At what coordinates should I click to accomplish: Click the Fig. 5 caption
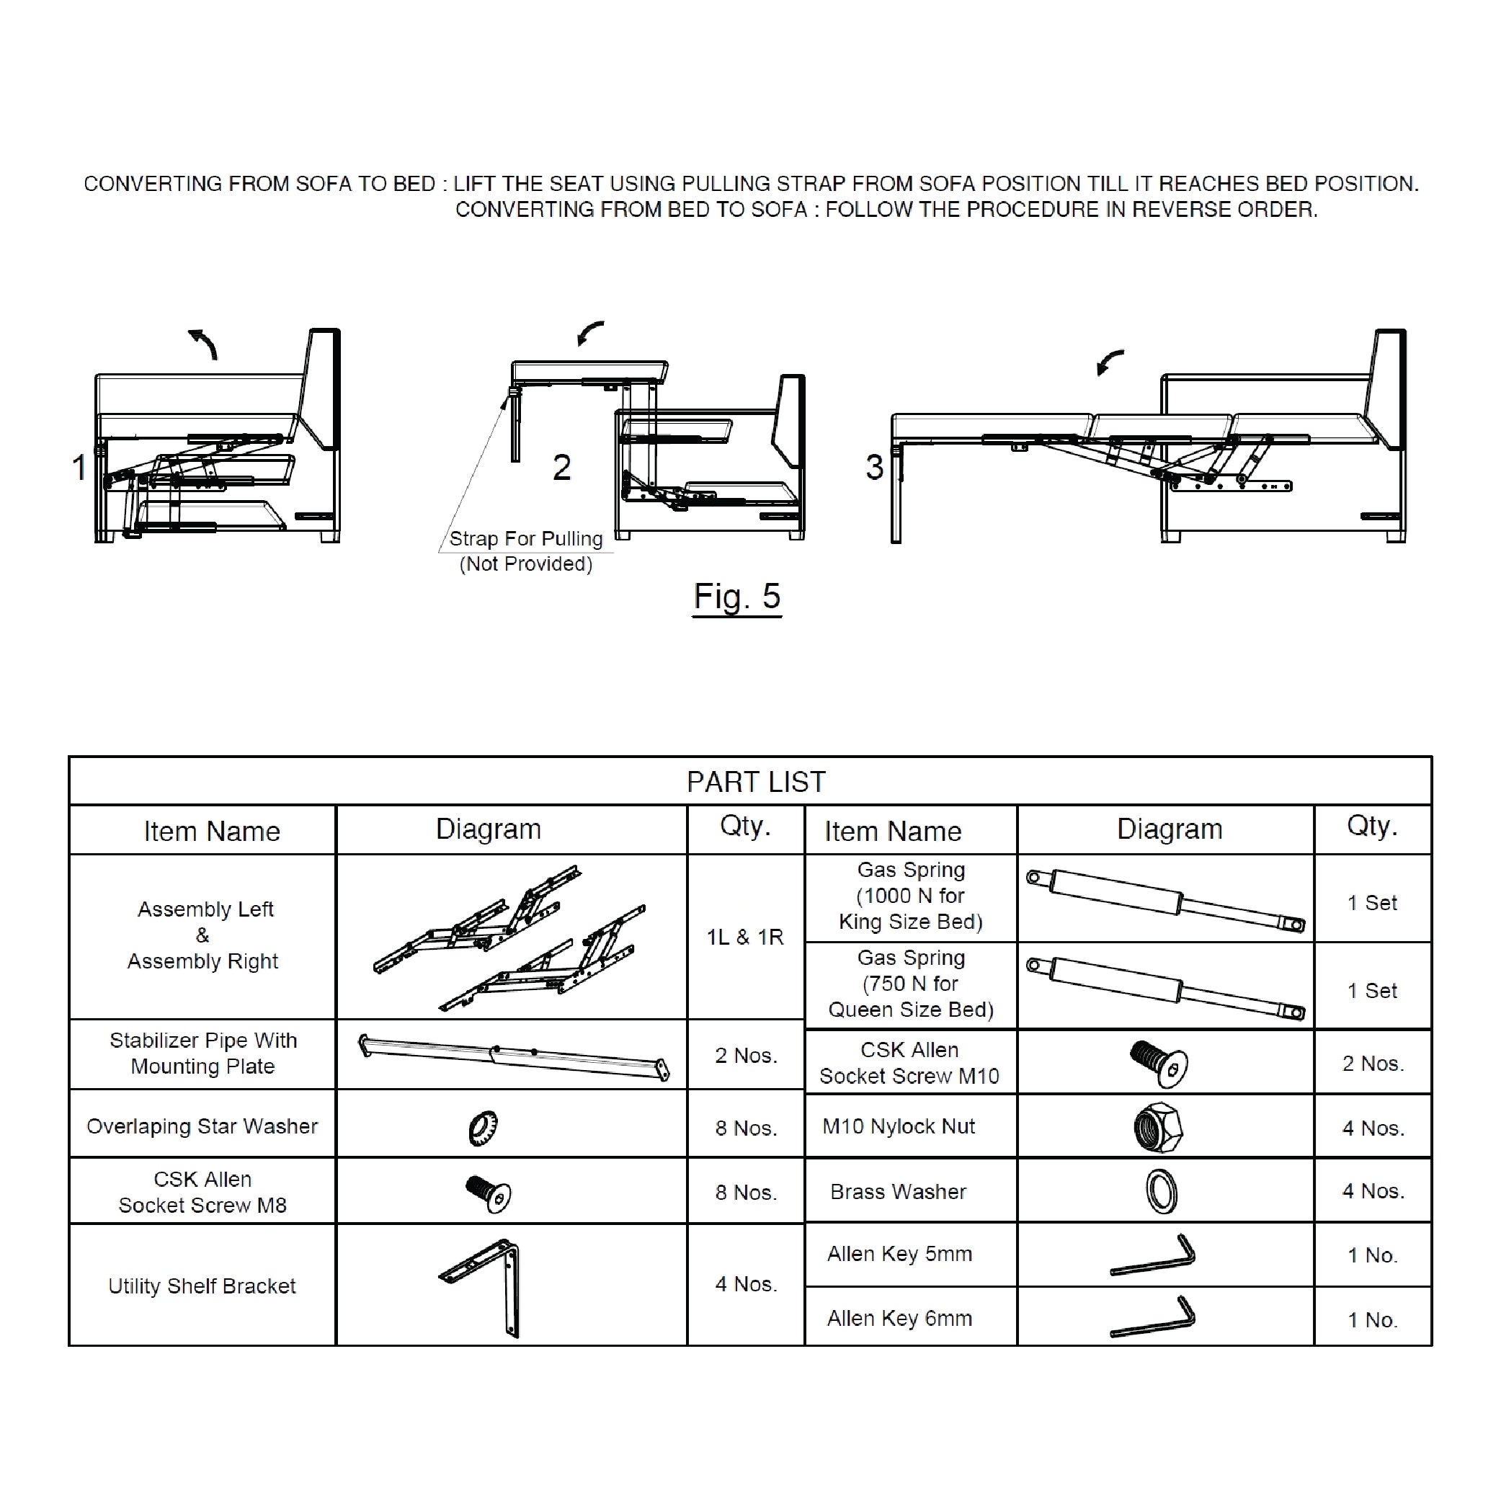tap(736, 597)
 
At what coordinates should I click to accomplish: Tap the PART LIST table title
tap(755, 782)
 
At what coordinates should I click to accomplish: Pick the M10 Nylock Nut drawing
tap(1157, 1127)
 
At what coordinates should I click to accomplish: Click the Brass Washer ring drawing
tap(1162, 1191)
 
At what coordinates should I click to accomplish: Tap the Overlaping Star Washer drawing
tap(484, 1127)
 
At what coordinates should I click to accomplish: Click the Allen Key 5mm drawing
tap(1154, 1255)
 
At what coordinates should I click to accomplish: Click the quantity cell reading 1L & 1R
tap(744, 937)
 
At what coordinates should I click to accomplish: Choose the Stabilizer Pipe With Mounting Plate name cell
tap(202, 1054)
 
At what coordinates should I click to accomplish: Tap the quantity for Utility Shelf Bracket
tap(746, 1284)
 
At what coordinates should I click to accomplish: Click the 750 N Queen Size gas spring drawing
tap(1165, 987)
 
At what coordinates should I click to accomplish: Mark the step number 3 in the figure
tap(874, 467)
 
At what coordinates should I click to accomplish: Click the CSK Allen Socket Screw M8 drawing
tap(488, 1193)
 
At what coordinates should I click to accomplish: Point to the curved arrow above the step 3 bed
tap(1109, 361)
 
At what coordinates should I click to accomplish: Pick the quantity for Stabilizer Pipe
tap(746, 1055)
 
